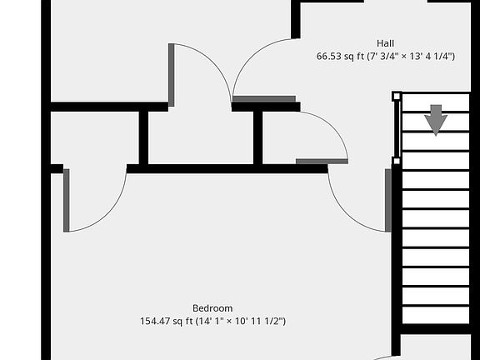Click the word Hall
[x=385, y=43]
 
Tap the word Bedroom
[x=212, y=308]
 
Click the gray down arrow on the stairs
[x=436, y=120]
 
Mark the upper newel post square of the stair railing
[x=397, y=97]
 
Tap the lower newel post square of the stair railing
[x=397, y=161]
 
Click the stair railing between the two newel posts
[x=397, y=128]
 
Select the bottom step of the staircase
[x=436, y=315]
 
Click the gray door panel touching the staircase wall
[x=388, y=200]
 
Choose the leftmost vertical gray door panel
[x=66, y=200]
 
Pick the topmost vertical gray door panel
[x=171, y=75]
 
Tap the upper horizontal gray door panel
[x=264, y=99]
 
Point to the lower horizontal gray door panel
[x=322, y=162]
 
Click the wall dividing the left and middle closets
[x=143, y=137]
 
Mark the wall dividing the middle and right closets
[x=257, y=137]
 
